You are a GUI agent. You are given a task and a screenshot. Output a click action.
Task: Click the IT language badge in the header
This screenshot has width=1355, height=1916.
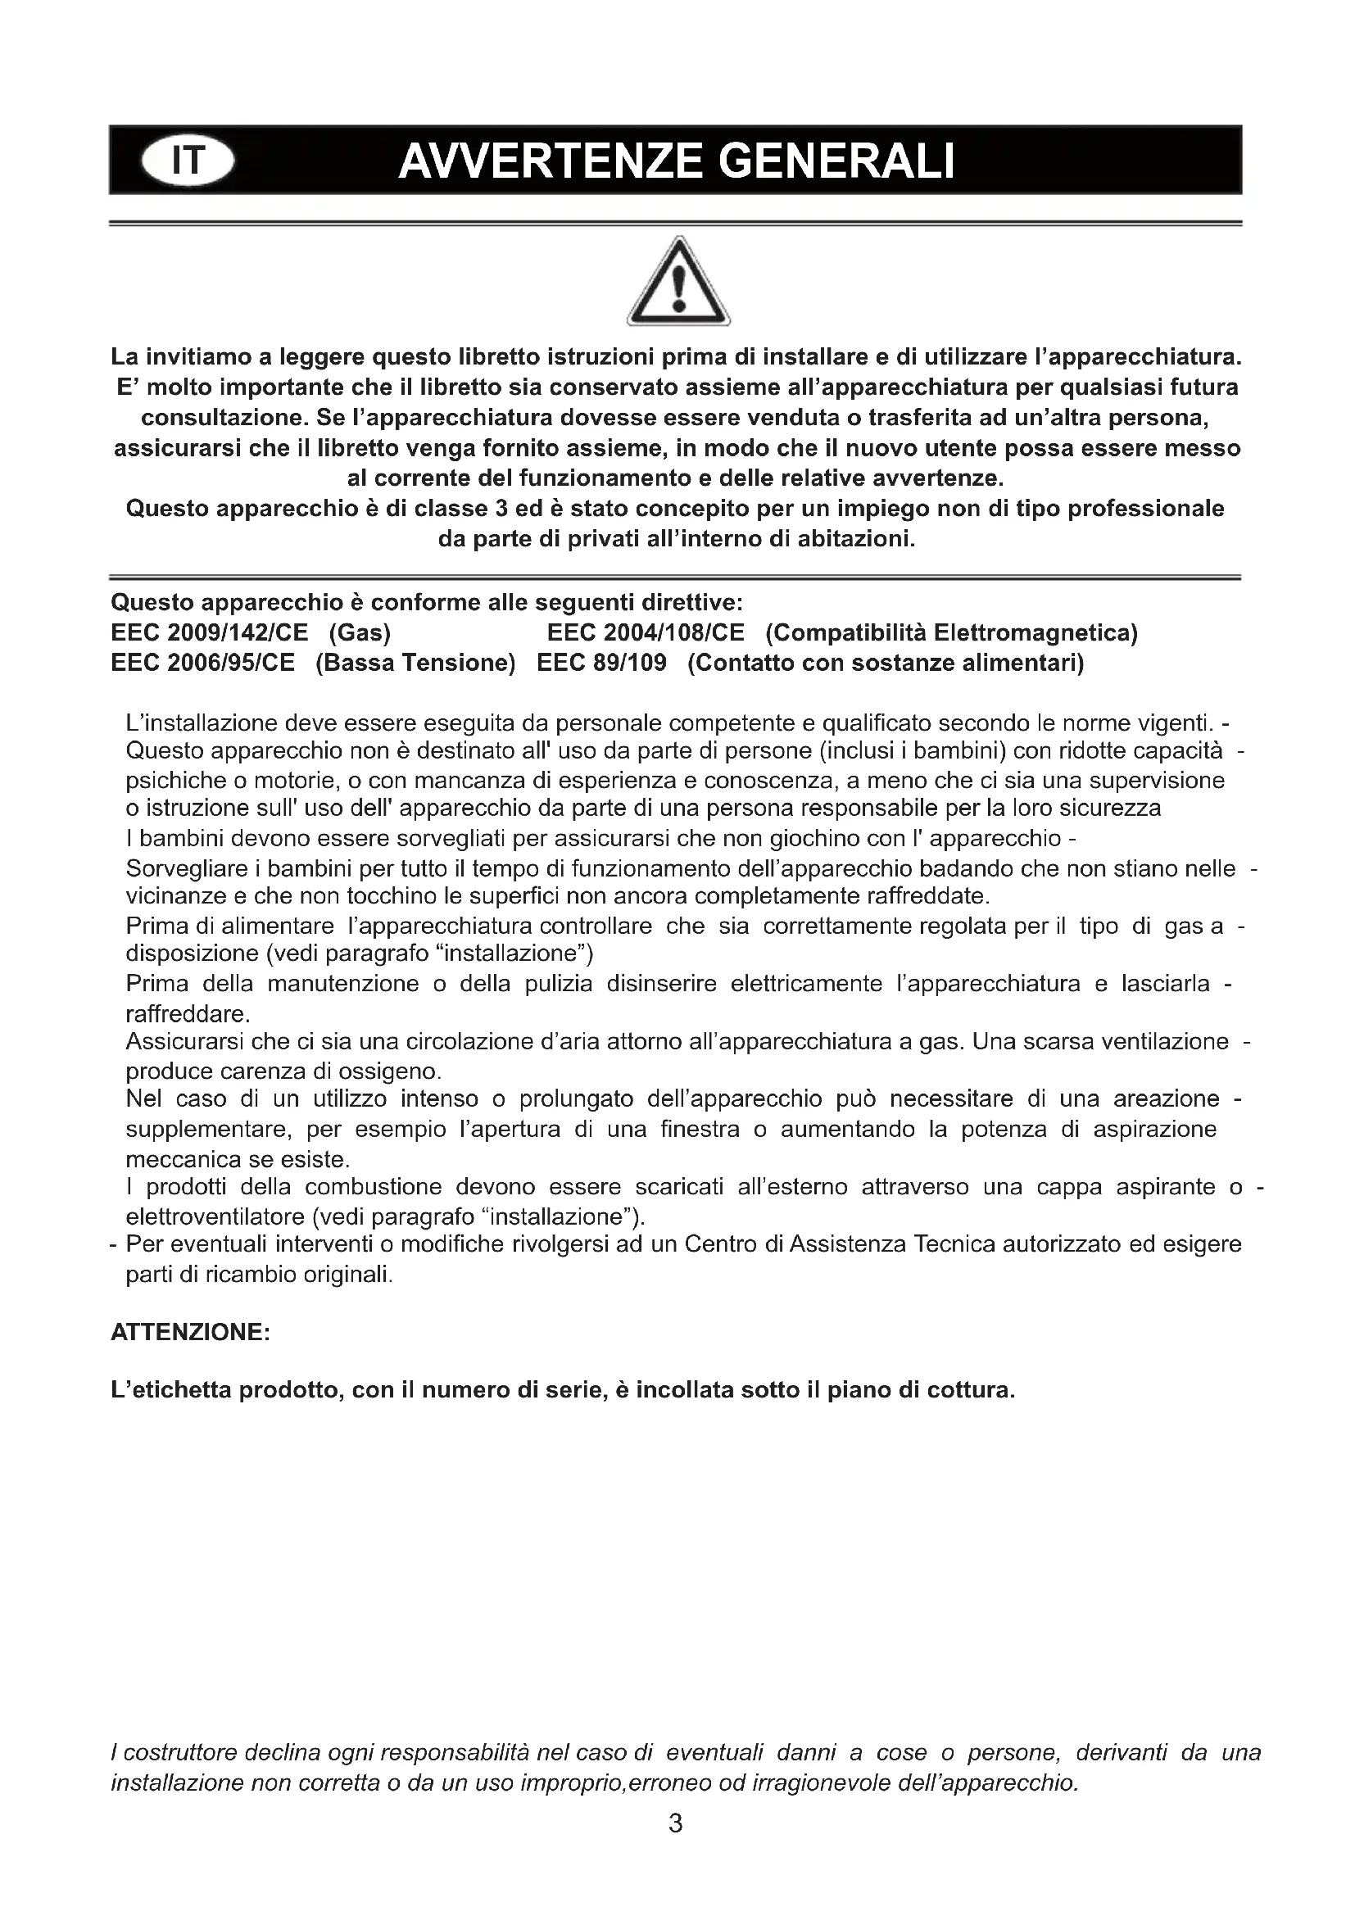(188, 161)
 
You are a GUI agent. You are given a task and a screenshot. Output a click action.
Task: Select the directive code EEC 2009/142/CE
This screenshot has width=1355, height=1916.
(210, 633)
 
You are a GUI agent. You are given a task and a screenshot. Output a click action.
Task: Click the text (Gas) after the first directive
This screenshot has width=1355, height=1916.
(360, 633)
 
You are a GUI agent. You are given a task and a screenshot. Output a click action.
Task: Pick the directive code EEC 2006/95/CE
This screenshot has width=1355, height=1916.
(202, 664)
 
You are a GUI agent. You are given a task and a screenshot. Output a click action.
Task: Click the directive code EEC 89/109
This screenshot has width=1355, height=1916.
(601, 664)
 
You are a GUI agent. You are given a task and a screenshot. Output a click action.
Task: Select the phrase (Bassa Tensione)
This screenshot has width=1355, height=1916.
(415, 664)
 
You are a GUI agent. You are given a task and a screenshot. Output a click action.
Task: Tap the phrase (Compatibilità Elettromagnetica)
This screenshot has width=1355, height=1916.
(951, 633)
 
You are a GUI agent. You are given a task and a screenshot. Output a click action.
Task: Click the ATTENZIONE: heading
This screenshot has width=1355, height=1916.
(190, 1333)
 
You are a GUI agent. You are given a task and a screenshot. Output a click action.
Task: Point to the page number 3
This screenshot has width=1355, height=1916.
(676, 1824)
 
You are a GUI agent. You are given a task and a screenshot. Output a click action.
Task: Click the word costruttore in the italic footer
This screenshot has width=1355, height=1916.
(183, 1753)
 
